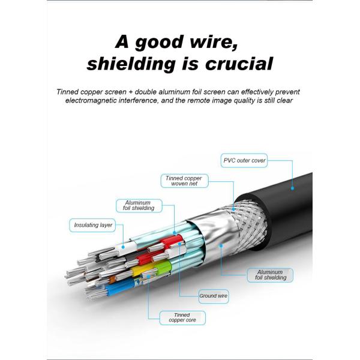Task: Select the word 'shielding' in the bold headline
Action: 130,64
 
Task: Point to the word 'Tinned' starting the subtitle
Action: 69,92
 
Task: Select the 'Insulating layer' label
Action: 93,225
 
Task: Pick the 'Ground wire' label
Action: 213,295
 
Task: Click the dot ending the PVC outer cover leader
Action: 292,188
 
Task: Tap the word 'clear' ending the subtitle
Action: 281,101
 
